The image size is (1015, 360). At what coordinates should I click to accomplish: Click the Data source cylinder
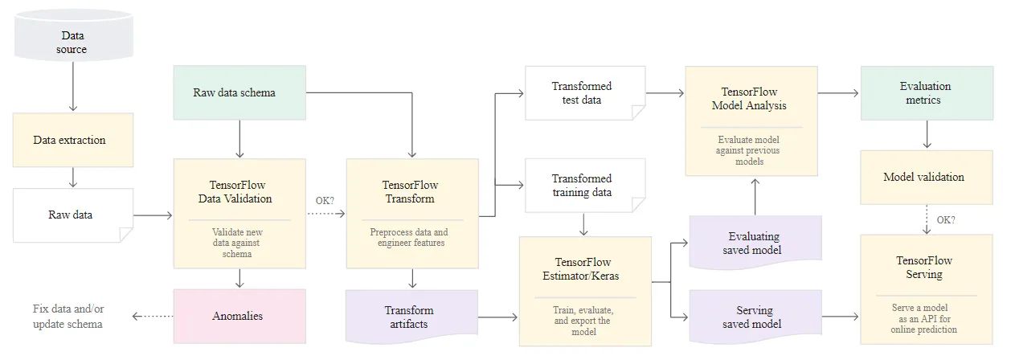tap(72, 38)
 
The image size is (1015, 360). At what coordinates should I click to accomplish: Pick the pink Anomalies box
tap(239, 316)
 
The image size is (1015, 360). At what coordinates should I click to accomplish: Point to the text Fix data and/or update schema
tap(68, 316)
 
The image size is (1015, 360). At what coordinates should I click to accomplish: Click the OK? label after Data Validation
tap(325, 199)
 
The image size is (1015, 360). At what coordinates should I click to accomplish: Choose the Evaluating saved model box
tap(755, 243)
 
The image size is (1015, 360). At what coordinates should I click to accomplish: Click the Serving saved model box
tap(755, 317)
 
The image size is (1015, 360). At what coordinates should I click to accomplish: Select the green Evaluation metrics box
tap(927, 93)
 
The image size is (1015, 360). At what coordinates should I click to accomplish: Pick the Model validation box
tap(927, 177)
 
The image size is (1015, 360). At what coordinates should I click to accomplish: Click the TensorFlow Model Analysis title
tap(750, 99)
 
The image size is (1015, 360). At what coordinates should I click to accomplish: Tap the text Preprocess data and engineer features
tap(409, 237)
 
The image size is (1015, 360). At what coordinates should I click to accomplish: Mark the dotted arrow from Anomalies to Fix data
tap(153, 316)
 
